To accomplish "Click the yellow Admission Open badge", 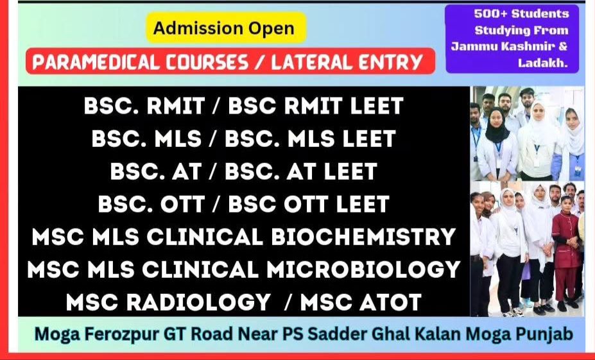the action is pos(226,28).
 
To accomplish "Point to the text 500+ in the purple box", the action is pos(490,13).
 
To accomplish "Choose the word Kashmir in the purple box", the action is pos(525,46).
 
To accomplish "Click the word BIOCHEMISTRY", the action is pos(363,237).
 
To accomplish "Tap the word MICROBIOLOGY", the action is pos(363,270).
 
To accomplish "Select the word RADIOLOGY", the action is pos(198,302).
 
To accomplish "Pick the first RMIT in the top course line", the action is pos(176,106).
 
